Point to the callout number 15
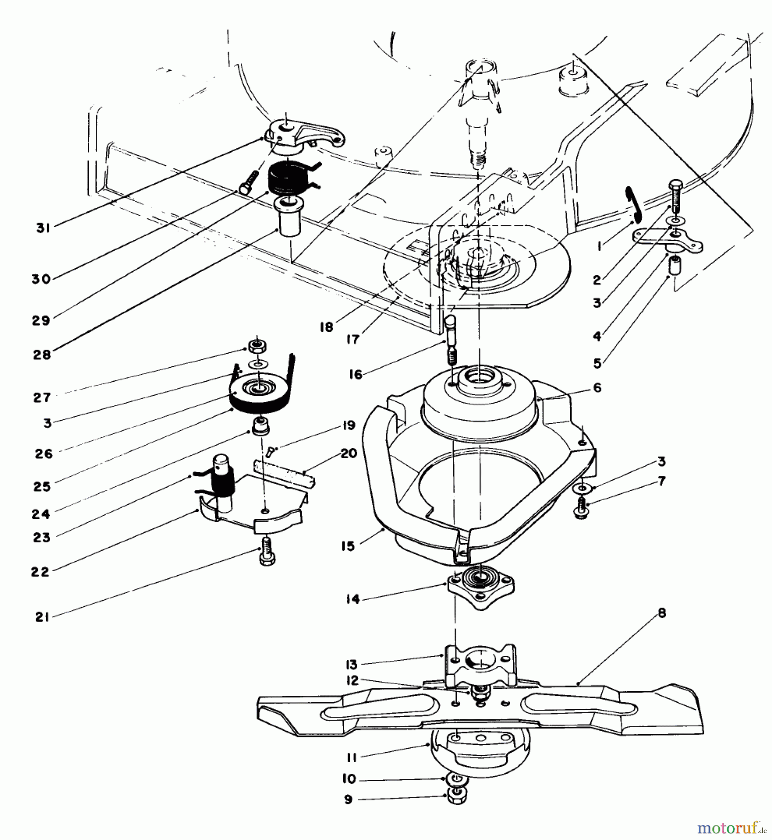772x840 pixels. click(x=348, y=546)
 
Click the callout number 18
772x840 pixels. click(x=326, y=327)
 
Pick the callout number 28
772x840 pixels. click(x=42, y=354)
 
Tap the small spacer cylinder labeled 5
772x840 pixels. click(x=674, y=267)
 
